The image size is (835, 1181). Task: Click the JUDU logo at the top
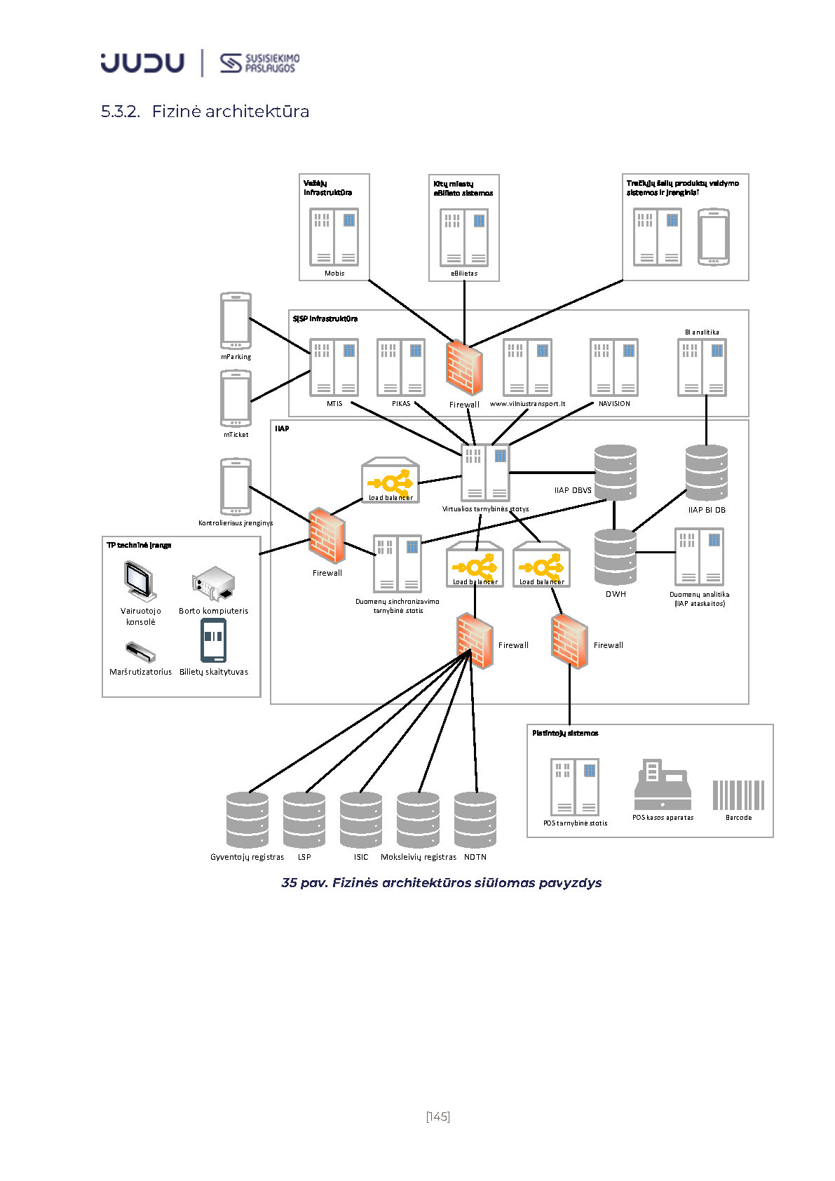[142, 62]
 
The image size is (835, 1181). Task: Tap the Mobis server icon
[334, 237]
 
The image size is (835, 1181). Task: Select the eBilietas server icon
[464, 238]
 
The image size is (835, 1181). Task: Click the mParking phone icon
[236, 320]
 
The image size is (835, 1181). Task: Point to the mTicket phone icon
[236, 398]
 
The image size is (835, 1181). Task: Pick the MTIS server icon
[334, 367]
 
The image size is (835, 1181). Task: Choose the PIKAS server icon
[401, 367]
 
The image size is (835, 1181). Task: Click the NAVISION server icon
[614, 367]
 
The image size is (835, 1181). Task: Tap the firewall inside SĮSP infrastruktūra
[463, 367]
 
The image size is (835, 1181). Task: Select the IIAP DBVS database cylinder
[615, 471]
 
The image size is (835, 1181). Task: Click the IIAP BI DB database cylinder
[706, 473]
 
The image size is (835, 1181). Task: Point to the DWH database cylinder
[615, 557]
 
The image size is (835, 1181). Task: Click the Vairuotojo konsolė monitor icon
[140, 581]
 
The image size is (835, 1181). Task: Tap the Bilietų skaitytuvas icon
[213, 640]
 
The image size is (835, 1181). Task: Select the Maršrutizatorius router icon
[140, 652]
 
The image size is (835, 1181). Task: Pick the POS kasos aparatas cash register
[663, 785]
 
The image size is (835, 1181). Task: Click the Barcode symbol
[738, 795]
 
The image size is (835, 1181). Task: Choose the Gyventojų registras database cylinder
[247, 820]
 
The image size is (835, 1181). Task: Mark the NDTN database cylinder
[475, 820]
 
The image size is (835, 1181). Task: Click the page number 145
[437, 1116]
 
